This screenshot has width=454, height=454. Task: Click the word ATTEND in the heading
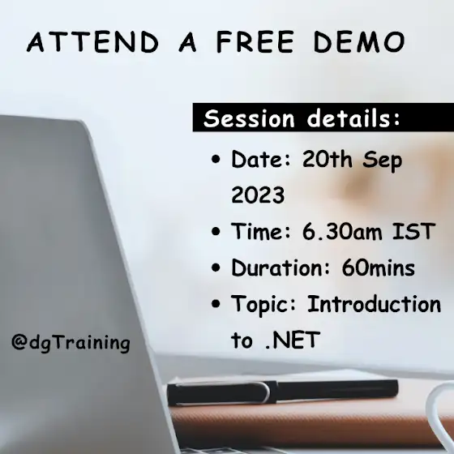tap(92, 42)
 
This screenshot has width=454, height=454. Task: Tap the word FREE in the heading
tap(255, 42)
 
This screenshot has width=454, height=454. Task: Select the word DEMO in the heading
tap(359, 42)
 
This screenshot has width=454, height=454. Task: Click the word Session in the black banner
tap(249, 118)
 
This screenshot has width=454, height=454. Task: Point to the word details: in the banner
tap(353, 118)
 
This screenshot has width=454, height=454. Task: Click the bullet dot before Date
tap(216, 159)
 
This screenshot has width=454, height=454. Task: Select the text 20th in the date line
tap(328, 159)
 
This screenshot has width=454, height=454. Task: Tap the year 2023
tap(258, 195)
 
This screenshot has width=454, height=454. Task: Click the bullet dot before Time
tap(216, 231)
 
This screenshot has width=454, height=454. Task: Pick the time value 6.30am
tap(342, 232)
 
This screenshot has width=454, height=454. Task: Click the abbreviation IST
tap(413, 231)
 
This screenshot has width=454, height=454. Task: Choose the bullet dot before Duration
tap(216, 268)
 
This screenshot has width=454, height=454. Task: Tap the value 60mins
tap(378, 268)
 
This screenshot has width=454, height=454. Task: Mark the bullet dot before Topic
tap(216, 304)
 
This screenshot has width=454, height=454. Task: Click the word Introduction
tap(374, 304)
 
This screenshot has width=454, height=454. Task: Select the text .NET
tap(293, 340)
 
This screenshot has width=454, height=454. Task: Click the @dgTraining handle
tap(71, 343)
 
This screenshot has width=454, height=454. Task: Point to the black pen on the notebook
tap(282, 392)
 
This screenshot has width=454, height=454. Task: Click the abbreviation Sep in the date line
tap(382, 161)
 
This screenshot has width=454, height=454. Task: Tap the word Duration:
tap(281, 268)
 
